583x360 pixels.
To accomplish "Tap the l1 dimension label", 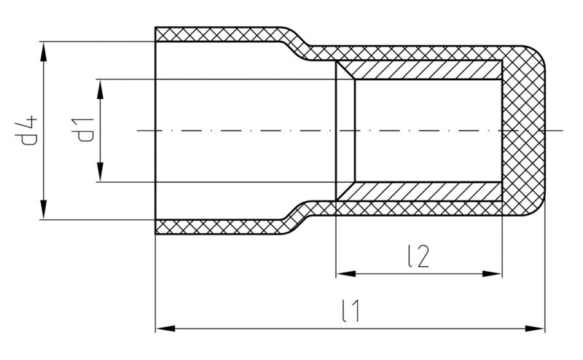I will tap(351, 311).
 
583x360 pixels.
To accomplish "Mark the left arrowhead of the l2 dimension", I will tap(342, 274).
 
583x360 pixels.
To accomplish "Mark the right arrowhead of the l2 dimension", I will tap(495, 274).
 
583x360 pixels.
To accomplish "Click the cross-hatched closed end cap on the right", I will tap(526, 131).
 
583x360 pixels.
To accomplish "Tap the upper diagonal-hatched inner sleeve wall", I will tap(423, 70).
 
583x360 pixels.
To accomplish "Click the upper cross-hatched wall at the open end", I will tap(219, 34).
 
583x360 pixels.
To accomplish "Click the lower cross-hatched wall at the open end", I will tap(219, 227).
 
